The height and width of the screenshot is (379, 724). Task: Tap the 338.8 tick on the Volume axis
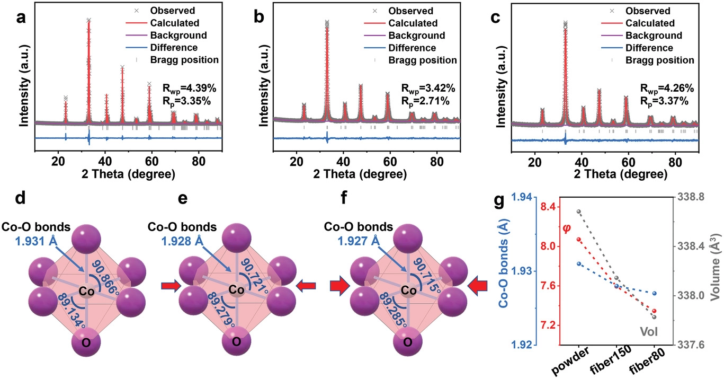[699, 197]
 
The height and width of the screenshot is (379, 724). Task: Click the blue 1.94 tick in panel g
[524, 197]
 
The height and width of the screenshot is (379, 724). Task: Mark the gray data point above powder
[579, 211]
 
